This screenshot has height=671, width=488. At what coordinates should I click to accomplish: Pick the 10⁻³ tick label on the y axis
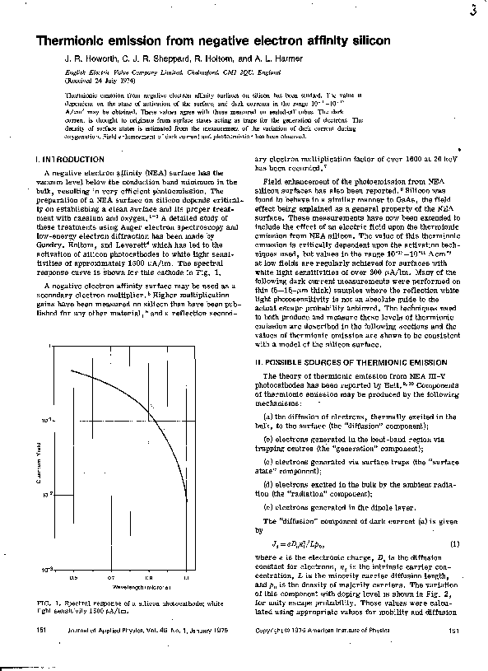point(48,569)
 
